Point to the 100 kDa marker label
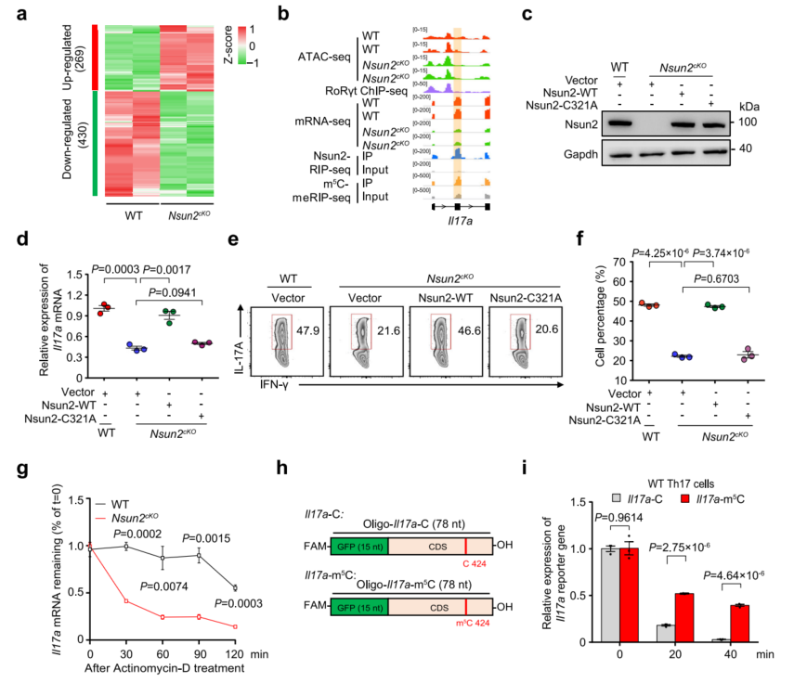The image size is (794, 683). click(739, 122)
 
